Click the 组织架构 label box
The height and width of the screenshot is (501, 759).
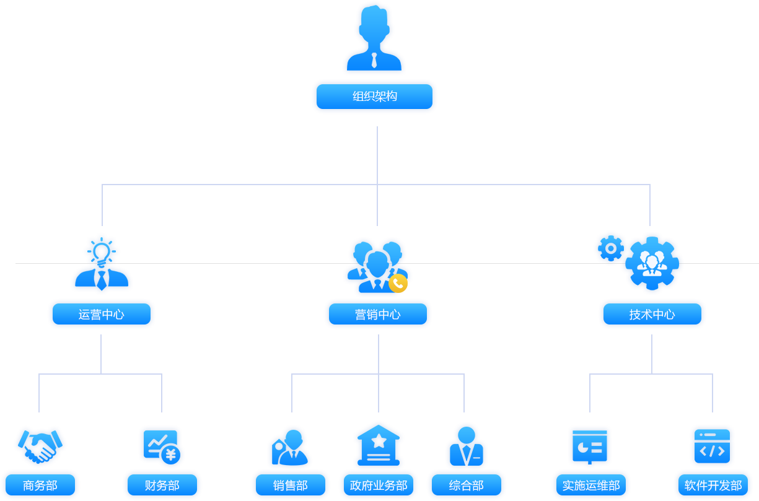pyautogui.click(x=374, y=97)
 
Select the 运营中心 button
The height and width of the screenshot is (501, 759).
pyautogui.click(x=102, y=314)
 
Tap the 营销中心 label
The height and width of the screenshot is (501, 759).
pyautogui.click(x=378, y=314)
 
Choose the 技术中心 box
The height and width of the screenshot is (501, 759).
pyautogui.click(x=652, y=314)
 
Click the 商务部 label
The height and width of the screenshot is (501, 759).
pyautogui.click(x=40, y=485)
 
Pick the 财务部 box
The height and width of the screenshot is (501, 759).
pyautogui.click(x=162, y=485)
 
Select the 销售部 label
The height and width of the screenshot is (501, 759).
pyautogui.click(x=291, y=485)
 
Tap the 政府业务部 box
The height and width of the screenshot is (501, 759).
pyautogui.click(x=379, y=485)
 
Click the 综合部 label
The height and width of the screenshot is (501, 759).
pyautogui.click(x=466, y=485)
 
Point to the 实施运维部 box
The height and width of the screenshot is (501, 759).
pyautogui.click(x=591, y=485)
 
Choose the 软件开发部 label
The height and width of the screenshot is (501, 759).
pyautogui.click(x=713, y=485)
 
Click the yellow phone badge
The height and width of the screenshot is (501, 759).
pyautogui.click(x=398, y=283)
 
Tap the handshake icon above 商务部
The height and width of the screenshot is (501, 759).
pyautogui.click(x=40, y=447)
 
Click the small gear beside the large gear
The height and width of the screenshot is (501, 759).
pyautogui.click(x=611, y=248)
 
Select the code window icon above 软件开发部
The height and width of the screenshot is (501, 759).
pyautogui.click(x=713, y=446)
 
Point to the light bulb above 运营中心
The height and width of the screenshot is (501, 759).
pyautogui.click(x=102, y=253)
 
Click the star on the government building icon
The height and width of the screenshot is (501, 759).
pyautogui.click(x=379, y=441)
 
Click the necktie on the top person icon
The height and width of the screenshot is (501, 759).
pyautogui.click(x=374, y=60)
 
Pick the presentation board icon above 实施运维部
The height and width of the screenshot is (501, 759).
pyautogui.click(x=590, y=447)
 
